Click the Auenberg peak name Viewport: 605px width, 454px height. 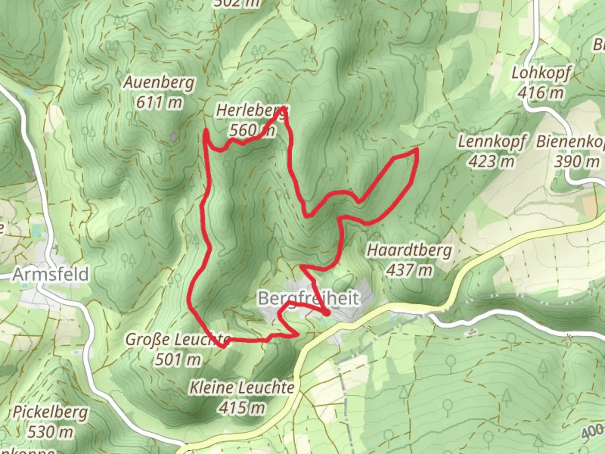coord(159,83)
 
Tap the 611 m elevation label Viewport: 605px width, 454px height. coord(159,102)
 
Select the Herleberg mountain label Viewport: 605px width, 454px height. coord(251,111)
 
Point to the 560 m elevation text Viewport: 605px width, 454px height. coord(251,130)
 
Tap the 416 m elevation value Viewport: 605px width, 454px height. coord(541,92)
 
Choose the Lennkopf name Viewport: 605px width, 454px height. coord(491,142)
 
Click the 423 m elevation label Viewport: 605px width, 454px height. coord(491,161)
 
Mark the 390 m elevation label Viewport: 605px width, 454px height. coord(576,161)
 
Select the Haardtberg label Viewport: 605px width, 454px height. coord(410,251)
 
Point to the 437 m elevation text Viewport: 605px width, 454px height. coord(409,270)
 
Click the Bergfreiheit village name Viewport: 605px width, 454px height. coord(309,298)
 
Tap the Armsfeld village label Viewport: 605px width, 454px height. coord(51,275)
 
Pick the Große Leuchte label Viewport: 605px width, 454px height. coord(178,340)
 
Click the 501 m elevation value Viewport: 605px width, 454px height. coord(178,359)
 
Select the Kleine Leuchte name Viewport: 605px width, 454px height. coord(242,387)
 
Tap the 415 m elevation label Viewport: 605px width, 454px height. coord(242,407)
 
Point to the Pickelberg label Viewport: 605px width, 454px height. coord(50,412)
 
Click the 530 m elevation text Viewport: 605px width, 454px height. coord(50,431)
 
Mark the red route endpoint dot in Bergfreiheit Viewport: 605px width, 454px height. coord(327,313)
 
